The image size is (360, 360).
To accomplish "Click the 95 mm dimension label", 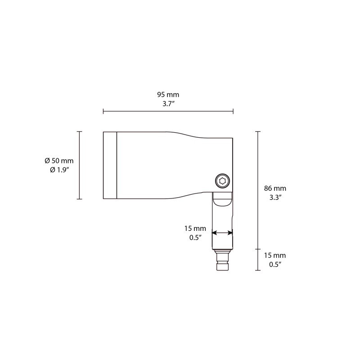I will click(x=168, y=95).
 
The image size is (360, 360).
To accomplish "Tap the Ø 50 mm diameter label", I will click(x=59, y=161).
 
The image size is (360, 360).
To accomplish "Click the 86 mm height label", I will click(x=275, y=188).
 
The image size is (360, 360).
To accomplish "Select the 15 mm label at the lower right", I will click(x=275, y=255).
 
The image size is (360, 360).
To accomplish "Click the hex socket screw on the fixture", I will click(x=222, y=181).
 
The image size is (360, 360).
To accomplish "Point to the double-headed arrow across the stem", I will click(x=222, y=233).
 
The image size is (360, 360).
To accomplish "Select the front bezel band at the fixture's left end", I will click(x=110, y=165).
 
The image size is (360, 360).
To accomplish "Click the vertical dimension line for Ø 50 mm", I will click(x=80, y=165).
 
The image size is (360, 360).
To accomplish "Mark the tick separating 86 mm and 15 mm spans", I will click(x=257, y=248).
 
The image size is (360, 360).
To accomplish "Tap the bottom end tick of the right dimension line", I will click(x=257, y=270).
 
